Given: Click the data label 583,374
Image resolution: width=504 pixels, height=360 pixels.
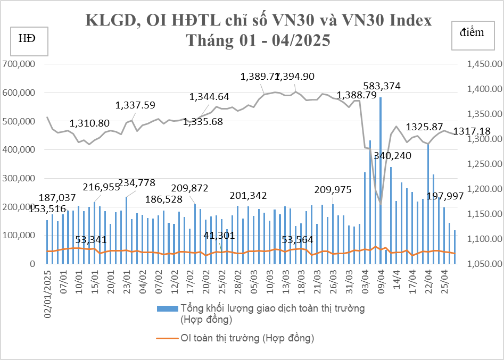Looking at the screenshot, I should [x=382, y=86].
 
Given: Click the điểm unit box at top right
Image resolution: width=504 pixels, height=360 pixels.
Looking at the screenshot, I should [x=472, y=34].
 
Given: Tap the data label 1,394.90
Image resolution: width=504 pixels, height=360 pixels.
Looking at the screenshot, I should [x=299, y=77].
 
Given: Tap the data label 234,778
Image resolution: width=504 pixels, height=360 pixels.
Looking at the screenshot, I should [x=137, y=183].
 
